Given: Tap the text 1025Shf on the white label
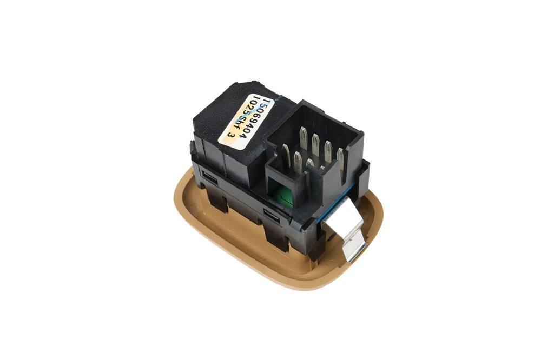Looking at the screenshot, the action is coord(241,116).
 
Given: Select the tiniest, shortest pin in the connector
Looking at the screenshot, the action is coord(322,169).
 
